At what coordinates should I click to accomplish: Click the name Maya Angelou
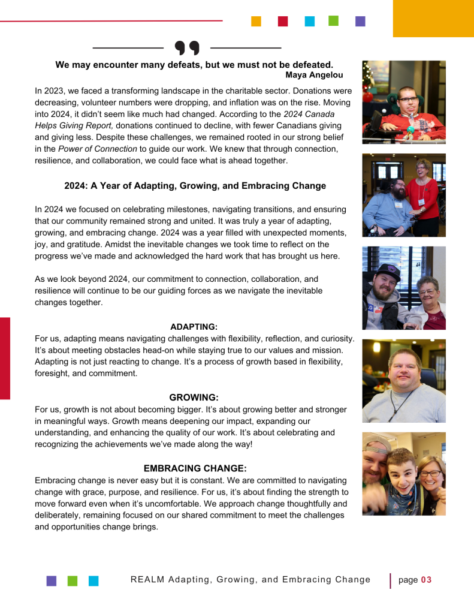(x=314, y=75)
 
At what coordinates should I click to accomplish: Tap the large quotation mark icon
(x=186, y=48)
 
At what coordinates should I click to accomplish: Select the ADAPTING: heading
(x=194, y=327)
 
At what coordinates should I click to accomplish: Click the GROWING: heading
(x=194, y=397)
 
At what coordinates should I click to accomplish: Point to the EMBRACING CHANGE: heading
(x=195, y=468)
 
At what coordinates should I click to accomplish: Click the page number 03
(x=426, y=580)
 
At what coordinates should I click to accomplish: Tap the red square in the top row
(x=283, y=22)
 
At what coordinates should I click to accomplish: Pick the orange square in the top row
(x=256, y=22)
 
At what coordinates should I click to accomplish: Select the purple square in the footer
(x=52, y=580)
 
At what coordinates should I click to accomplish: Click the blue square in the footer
(x=93, y=580)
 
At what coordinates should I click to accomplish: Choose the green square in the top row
(x=334, y=21)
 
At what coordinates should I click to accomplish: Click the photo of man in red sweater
(x=404, y=102)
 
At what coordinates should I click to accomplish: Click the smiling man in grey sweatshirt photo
(x=404, y=381)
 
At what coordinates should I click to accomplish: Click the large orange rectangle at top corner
(x=433, y=18)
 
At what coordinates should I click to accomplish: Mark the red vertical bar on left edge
(x=5, y=358)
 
